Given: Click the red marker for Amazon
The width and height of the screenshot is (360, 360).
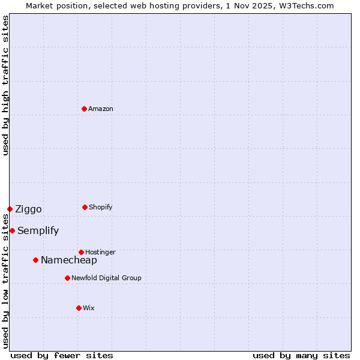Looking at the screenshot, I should (84, 109).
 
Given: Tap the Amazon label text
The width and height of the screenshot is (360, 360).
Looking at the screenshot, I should (101, 109).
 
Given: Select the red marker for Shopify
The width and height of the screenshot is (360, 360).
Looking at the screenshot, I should (85, 207).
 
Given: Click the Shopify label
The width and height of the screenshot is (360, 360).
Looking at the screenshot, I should (100, 208).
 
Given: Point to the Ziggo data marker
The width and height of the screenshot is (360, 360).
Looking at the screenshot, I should (10, 209).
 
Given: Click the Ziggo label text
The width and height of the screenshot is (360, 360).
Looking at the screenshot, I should (28, 209).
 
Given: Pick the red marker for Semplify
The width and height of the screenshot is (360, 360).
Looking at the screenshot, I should (12, 230).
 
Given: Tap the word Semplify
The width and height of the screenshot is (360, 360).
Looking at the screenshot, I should (38, 231).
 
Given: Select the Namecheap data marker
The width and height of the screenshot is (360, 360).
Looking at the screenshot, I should (35, 260).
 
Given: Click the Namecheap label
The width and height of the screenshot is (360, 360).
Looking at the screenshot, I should (68, 260).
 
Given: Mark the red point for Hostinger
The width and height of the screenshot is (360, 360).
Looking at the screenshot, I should (81, 252).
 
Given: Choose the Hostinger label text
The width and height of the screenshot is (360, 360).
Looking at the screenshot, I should (100, 253).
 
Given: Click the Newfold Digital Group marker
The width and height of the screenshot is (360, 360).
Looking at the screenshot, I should (67, 278).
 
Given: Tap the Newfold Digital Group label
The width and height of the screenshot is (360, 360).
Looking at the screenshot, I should (106, 278).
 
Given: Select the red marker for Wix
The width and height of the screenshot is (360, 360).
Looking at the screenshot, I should (79, 308).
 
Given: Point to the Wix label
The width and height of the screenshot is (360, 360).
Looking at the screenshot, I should (89, 308).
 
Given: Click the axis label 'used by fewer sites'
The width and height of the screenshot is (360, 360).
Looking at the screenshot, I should (62, 356).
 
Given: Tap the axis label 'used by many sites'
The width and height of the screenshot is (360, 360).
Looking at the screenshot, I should (301, 356).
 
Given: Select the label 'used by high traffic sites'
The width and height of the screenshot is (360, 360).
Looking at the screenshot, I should (5, 85).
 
